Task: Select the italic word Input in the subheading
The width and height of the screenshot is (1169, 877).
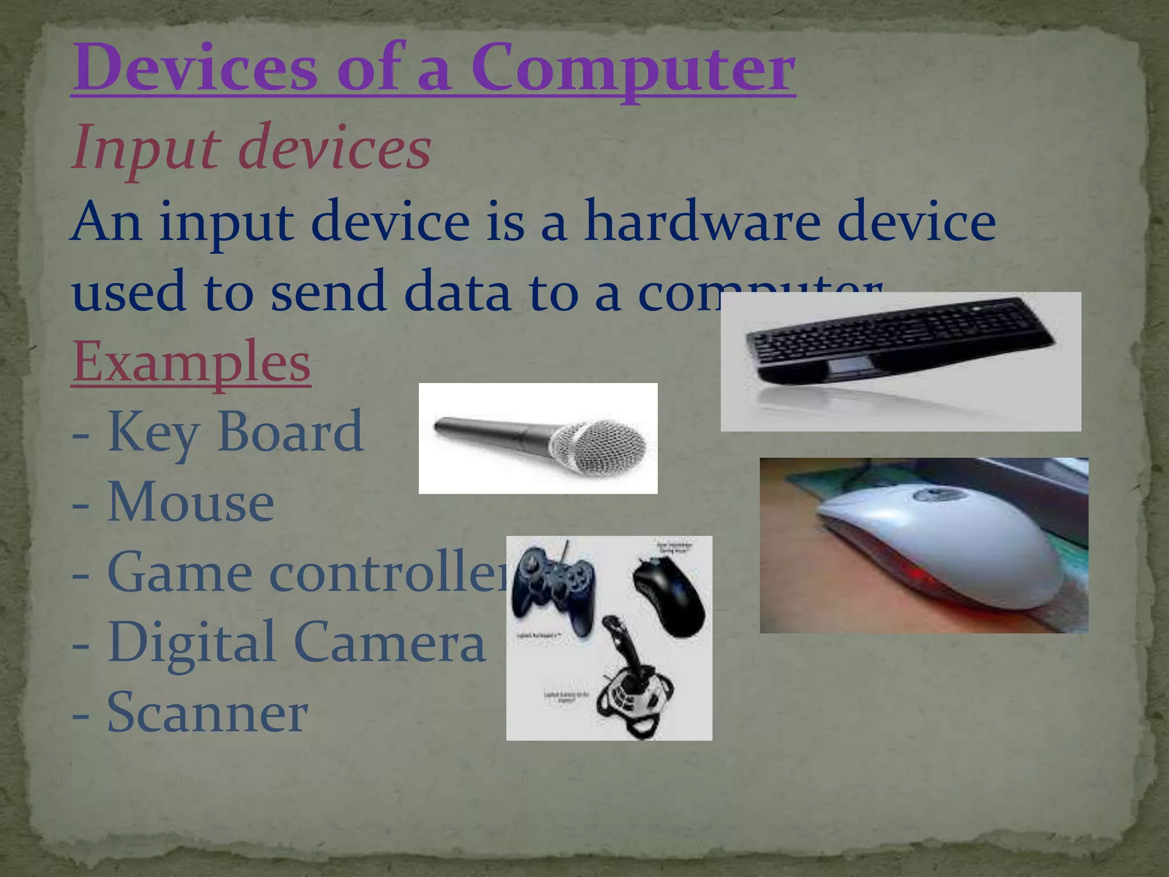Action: coord(146,147)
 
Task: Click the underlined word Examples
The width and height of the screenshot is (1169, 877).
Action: coord(191,361)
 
